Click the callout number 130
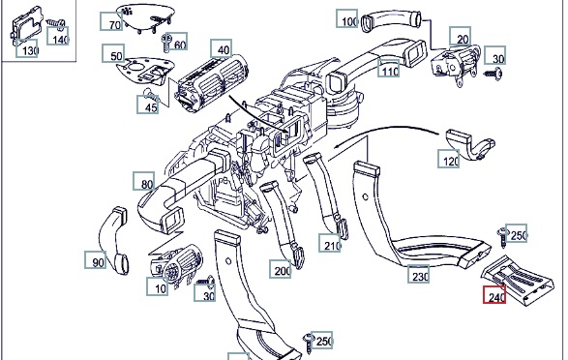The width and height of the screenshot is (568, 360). pyautogui.click(x=27, y=49)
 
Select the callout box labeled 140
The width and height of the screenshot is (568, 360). pyautogui.click(x=58, y=36)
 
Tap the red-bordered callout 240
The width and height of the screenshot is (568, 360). pyautogui.click(x=494, y=295)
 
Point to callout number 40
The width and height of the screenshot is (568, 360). pyautogui.click(x=222, y=48)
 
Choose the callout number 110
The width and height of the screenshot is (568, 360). pyautogui.click(x=388, y=69)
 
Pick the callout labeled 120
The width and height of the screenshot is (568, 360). pyautogui.click(x=448, y=159)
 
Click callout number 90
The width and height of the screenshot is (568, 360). pyautogui.click(x=96, y=259)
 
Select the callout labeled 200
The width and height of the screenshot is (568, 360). pyautogui.click(x=280, y=269)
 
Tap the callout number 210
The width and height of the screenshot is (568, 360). pyautogui.click(x=330, y=243)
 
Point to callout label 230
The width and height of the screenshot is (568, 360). pyautogui.click(x=418, y=274)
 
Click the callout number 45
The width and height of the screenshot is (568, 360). pyautogui.click(x=148, y=105)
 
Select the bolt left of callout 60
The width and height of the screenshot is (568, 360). pyautogui.click(x=167, y=44)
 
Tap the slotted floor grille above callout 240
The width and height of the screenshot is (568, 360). pyautogui.click(x=518, y=280)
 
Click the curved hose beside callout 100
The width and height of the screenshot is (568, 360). pyautogui.click(x=392, y=20)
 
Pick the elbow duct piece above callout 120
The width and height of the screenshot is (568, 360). pyautogui.click(x=470, y=144)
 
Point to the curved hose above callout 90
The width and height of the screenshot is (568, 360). pyautogui.click(x=114, y=241)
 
